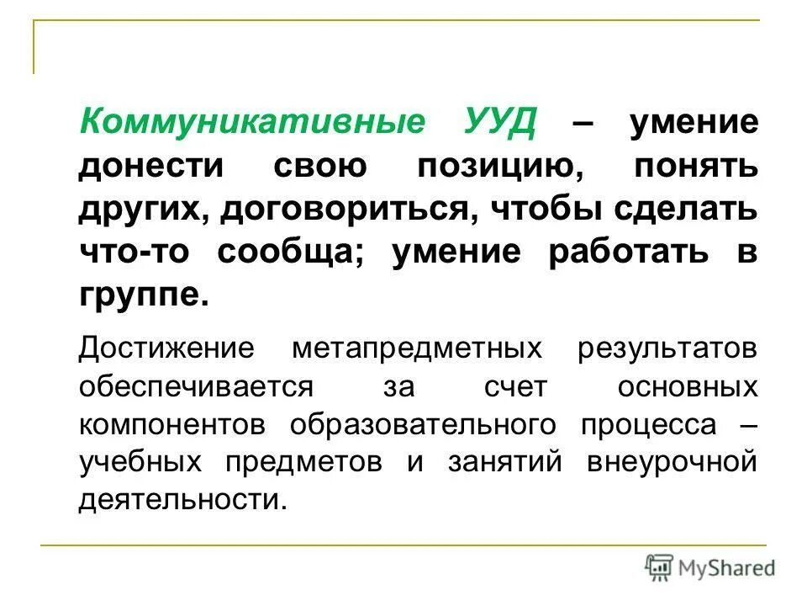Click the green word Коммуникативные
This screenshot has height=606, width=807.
click(x=252, y=124)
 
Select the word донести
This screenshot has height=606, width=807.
click(x=152, y=165)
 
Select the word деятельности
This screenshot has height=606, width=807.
click(x=182, y=502)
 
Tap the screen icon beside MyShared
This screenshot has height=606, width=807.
click(x=659, y=566)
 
